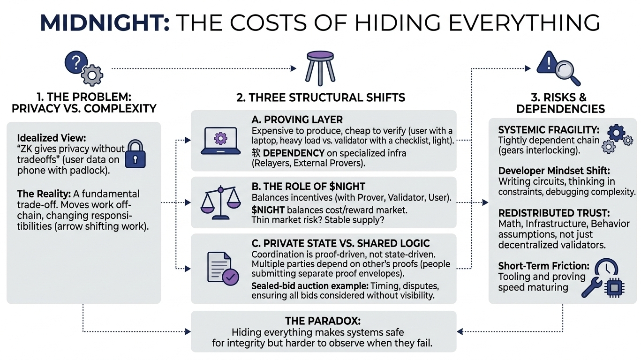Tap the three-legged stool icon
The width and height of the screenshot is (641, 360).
[320, 68]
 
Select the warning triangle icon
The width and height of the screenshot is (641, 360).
[546, 62]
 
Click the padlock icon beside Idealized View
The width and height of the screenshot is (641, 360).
[136, 153]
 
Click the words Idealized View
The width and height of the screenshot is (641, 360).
[51, 139]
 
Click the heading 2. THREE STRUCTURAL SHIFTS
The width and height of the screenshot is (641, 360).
[320, 97]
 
